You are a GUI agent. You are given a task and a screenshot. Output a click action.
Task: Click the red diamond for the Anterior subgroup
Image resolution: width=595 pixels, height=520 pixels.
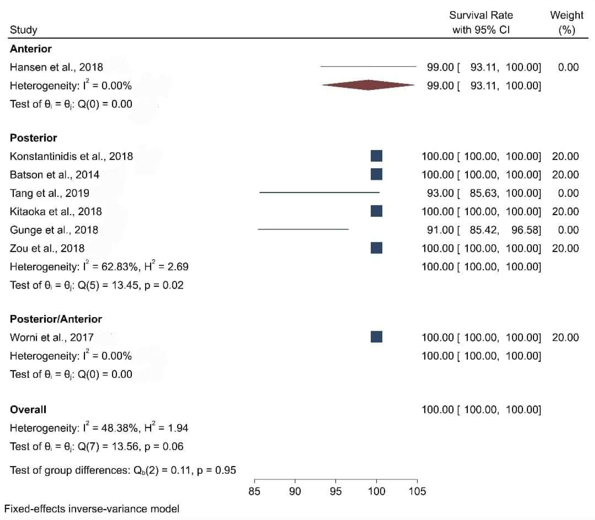pyautogui.click(x=368, y=85)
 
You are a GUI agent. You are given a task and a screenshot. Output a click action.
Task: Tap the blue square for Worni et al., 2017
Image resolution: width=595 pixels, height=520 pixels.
pyautogui.click(x=377, y=337)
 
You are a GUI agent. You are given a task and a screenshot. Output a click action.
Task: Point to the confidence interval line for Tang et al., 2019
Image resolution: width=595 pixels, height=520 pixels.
pyautogui.click(x=319, y=192)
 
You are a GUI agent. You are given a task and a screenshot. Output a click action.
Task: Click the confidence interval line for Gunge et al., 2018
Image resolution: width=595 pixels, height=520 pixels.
pyautogui.click(x=303, y=229)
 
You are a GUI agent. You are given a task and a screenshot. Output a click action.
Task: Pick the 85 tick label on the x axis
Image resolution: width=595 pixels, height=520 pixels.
pyautogui.click(x=254, y=491)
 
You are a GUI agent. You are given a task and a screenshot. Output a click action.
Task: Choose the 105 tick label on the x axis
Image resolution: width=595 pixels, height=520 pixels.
pyautogui.click(x=417, y=491)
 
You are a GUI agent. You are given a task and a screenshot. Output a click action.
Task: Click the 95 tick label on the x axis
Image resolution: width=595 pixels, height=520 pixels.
pyautogui.click(x=336, y=491)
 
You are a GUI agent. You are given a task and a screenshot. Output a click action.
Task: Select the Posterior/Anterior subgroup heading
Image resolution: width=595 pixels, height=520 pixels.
pyautogui.click(x=56, y=319)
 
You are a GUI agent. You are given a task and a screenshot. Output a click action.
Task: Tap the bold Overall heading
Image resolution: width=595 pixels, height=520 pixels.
pyautogui.click(x=28, y=409)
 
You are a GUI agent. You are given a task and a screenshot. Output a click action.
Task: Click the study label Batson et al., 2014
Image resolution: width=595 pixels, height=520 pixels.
pyautogui.click(x=54, y=175)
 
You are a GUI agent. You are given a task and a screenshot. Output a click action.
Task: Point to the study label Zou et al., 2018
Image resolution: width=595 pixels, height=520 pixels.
pyautogui.click(x=47, y=248)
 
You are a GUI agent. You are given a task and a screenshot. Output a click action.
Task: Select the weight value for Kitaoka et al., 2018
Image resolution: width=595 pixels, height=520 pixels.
pyautogui.click(x=565, y=212)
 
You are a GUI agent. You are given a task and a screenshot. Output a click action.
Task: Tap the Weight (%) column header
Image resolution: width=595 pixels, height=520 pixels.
pyautogui.click(x=566, y=22)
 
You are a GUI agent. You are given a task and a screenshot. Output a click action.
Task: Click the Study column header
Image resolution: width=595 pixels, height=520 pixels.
pyautogui.click(x=24, y=30)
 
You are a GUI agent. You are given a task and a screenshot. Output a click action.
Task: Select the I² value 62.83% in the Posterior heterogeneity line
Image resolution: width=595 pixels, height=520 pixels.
pyautogui.click(x=119, y=267)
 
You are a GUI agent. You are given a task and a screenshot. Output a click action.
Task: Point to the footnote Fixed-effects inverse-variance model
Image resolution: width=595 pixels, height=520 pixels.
pyautogui.click(x=92, y=509)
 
